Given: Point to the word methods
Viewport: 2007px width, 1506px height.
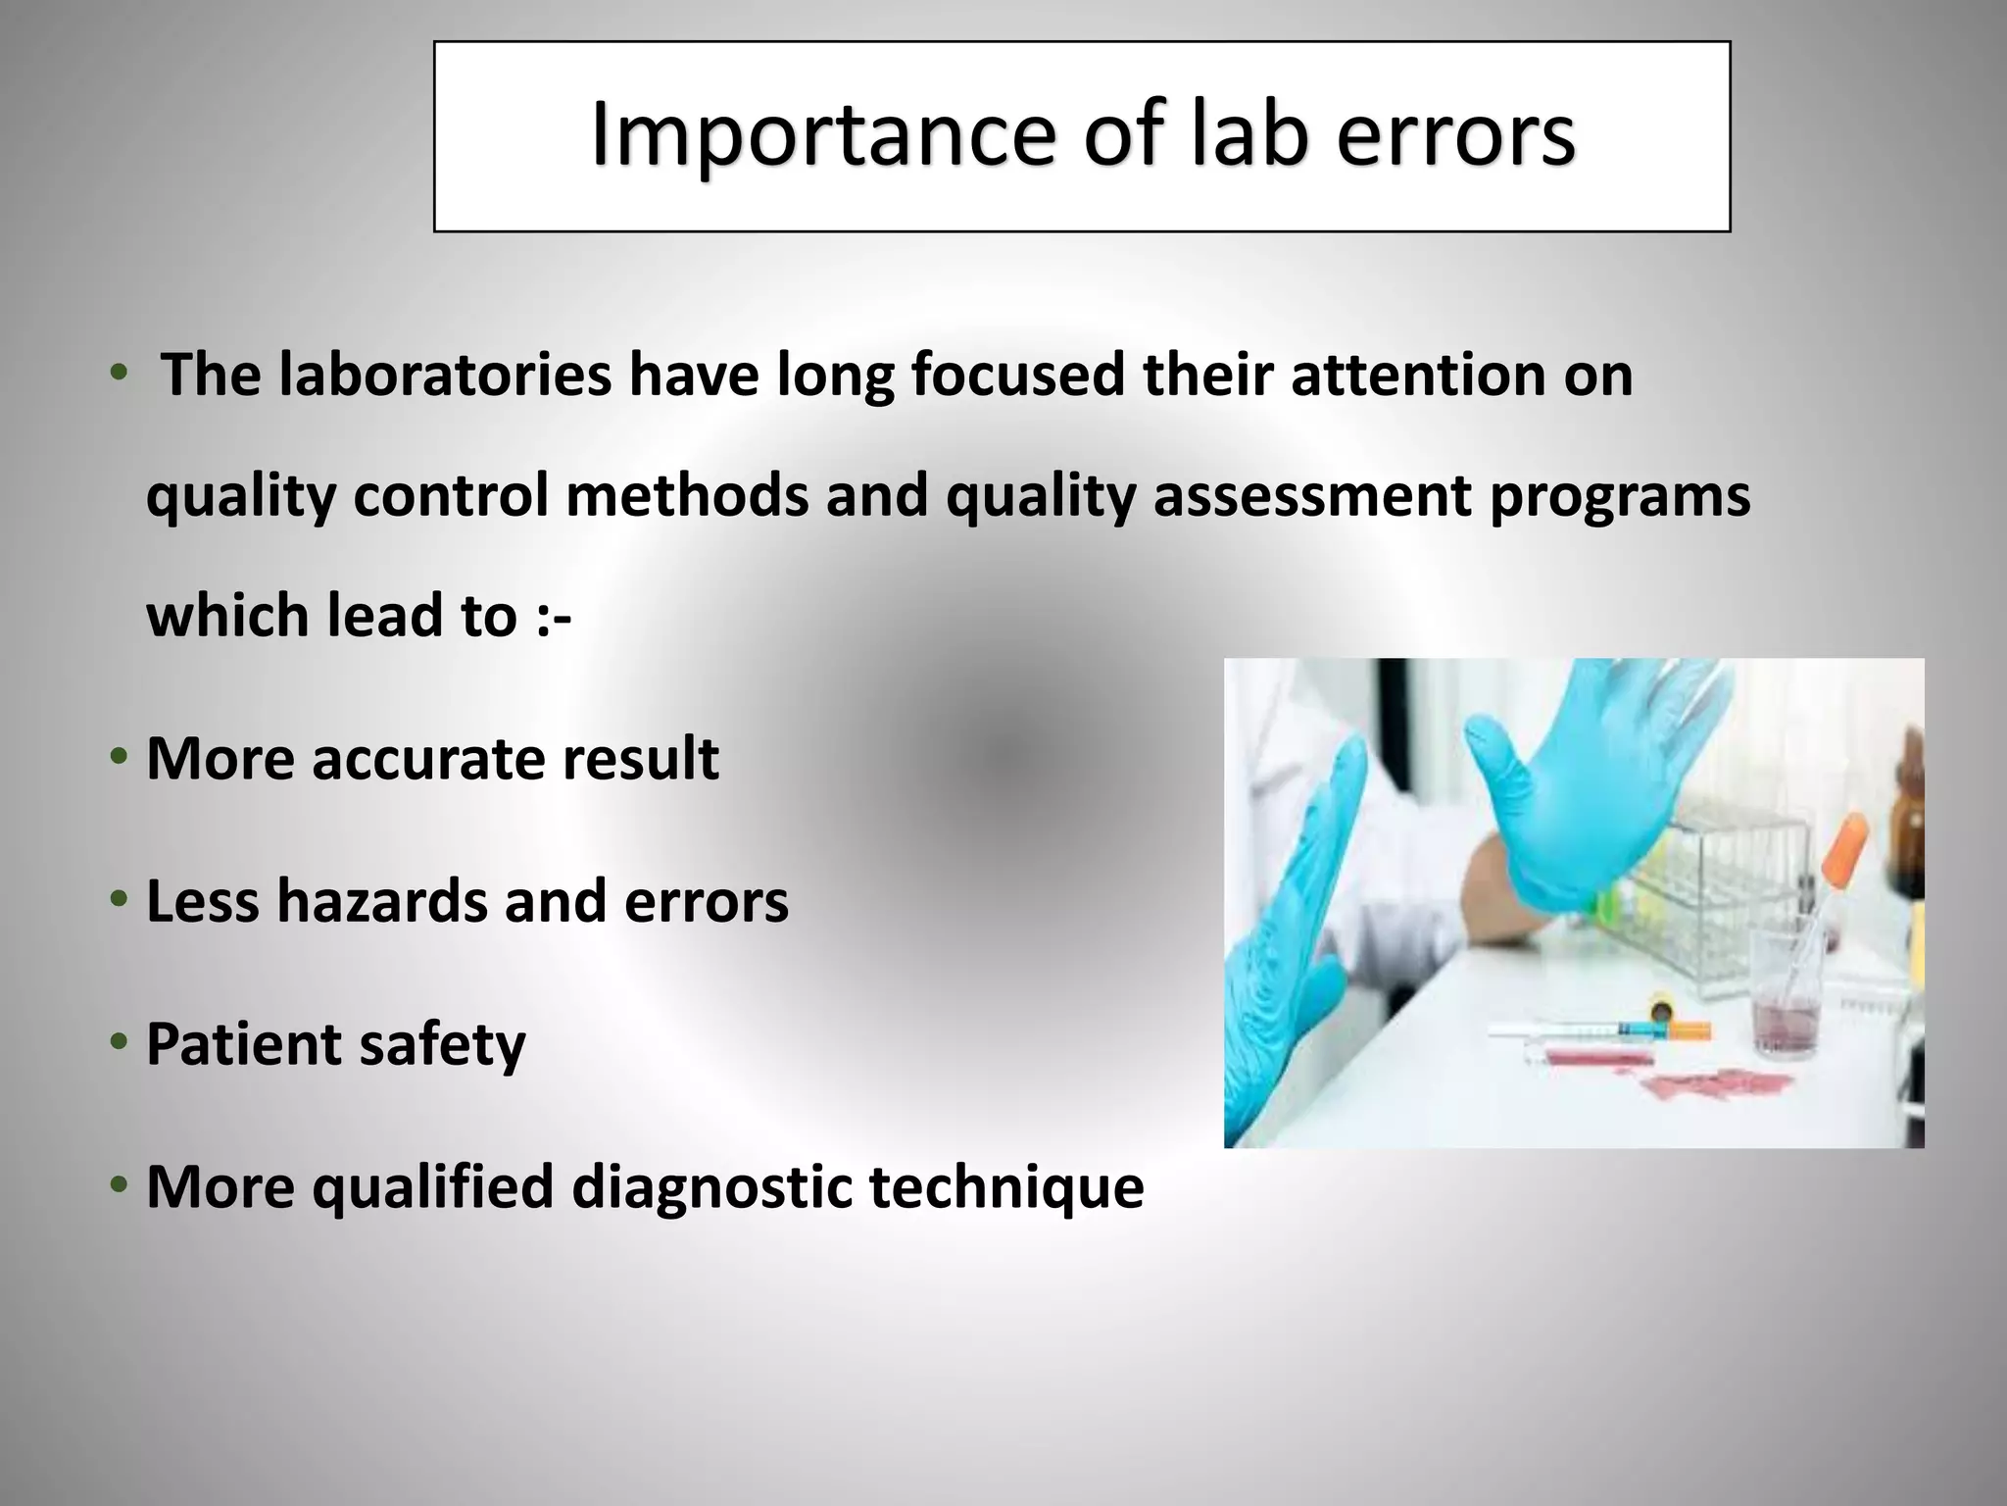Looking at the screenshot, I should tap(686, 495).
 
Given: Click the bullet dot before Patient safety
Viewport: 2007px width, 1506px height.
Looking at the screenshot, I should tap(119, 1042).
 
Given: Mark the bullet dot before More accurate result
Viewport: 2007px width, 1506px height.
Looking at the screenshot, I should tap(119, 757).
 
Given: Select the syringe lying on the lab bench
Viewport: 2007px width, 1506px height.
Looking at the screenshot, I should tap(1607, 1029).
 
